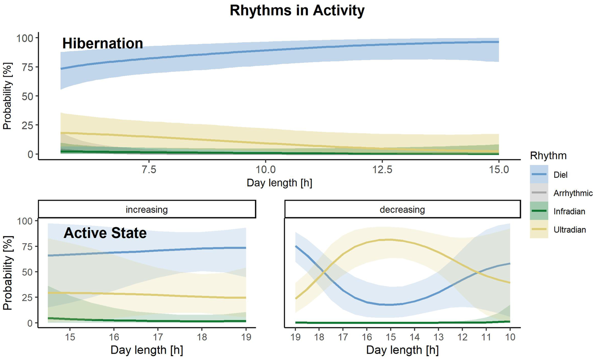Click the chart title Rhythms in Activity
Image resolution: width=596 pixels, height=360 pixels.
click(x=297, y=10)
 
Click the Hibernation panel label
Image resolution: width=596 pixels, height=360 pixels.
click(x=103, y=44)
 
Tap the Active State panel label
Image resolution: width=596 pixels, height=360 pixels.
click(x=105, y=233)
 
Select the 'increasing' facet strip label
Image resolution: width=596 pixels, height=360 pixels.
click(x=146, y=210)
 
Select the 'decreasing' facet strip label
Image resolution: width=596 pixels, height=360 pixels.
click(x=402, y=210)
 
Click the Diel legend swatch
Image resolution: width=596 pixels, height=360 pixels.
click(x=539, y=175)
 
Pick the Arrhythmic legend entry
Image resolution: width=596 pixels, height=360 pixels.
click(x=573, y=193)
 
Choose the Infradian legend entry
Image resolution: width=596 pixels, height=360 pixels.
click(x=569, y=212)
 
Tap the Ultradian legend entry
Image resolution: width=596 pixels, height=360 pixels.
click(x=569, y=230)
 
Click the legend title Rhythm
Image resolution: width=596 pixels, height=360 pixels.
click(x=548, y=156)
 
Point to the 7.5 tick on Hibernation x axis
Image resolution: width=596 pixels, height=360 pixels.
click(x=149, y=170)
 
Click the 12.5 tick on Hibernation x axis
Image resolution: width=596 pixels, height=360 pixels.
click(x=382, y=170)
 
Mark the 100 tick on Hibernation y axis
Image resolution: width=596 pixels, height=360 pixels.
click(x=25, y=38)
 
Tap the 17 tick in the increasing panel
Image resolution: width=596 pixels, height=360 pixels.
click(x=158, y=337)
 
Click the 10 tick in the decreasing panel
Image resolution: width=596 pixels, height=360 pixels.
click(x=510, y=337)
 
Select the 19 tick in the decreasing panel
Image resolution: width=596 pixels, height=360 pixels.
click(x=296, y=337)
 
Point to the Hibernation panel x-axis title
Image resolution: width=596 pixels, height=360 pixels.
click(x=279, y=183)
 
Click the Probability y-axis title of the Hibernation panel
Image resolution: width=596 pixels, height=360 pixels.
click(x=7, y=96)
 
